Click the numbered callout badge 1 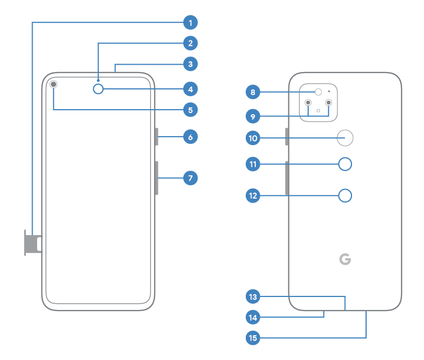pyautogui.click(x=191, y=22)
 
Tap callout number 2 pyautogui.click(x=191, y=43)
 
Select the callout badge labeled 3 pyautogui.click(x=191, y=64)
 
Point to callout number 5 pyautogui.click(x=191, y=110)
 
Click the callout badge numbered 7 pyautogui.click(x=191, y=178)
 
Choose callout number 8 pyautogui.click(x=253, y=92)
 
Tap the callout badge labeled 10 pyautogui.click(x=253, y=138)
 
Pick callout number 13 pyautogui.click(x=253, y=296)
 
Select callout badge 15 pyautogui.click(x=253, y=338)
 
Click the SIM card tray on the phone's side pyautogui.click(x=33, y=243)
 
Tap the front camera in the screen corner pyautogui.click(x=53, y=84)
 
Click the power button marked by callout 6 pyautogui.click(x=156, y=137)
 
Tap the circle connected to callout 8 pyautogui.click(x=318, y=92)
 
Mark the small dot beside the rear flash pyautogui.click(x=329, y=92)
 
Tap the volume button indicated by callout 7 pyautogui.click(x=156, y=178)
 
